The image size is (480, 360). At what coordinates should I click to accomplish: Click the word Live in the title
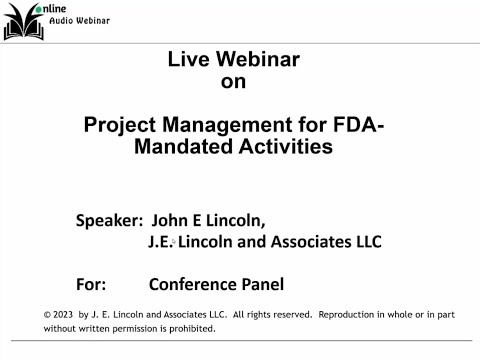[x=187, y=60]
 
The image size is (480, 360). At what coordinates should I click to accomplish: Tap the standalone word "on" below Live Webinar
[x=232, y=83]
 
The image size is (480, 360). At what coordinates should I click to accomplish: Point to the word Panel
[x=262, y=283]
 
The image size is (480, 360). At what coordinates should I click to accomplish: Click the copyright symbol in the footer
[x=48, y=314]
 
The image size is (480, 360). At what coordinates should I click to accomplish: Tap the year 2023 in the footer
[x=65, y=314]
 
